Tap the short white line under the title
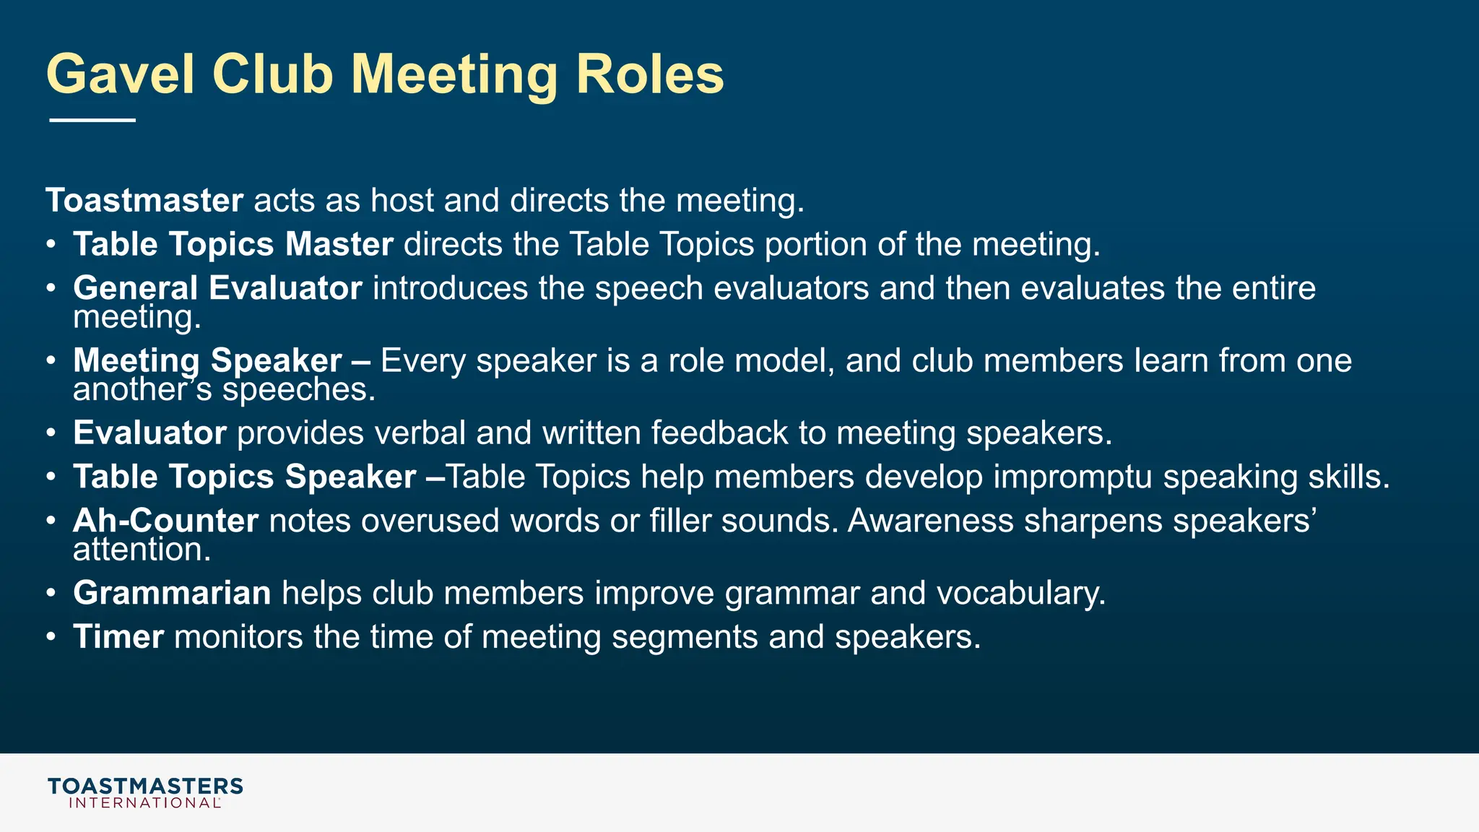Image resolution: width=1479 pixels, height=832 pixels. coord(92,120)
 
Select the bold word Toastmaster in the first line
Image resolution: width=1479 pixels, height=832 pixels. coord(144,201)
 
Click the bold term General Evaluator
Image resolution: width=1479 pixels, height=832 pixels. coord(217,288)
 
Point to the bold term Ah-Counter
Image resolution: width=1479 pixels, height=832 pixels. coord(165,521)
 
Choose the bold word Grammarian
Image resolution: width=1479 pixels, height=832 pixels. coord(172,594)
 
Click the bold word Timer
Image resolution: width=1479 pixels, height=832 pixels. coord(118,637)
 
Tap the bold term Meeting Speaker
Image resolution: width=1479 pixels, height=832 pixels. coord(207,360)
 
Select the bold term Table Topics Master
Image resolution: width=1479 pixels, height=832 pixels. coord(233,244)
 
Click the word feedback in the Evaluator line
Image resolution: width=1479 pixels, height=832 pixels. coord(719,433)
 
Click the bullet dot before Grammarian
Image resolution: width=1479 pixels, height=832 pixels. coord(51,594)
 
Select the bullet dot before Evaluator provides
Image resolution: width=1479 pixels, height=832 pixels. coord(51,433)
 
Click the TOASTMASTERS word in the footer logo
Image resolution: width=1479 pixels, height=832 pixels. coord(145,786)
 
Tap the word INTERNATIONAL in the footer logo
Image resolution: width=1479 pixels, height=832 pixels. coord(144,803)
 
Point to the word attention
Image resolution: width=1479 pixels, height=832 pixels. coord(142,550)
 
